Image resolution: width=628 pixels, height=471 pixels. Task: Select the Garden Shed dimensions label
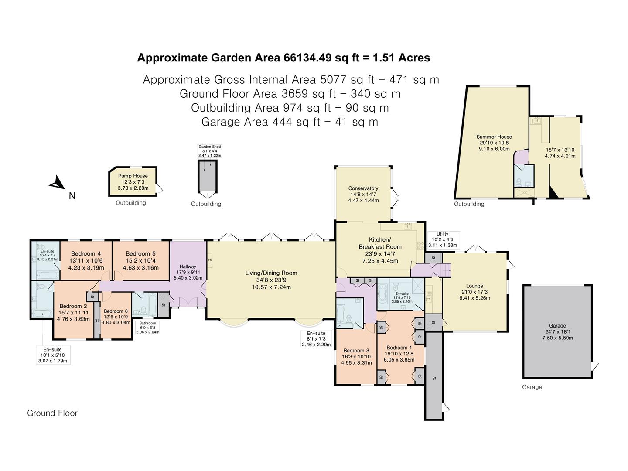pos(210,151)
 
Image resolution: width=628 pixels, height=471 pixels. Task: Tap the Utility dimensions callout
pos(442,239)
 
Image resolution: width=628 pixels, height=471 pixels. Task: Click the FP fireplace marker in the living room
pos(209,261)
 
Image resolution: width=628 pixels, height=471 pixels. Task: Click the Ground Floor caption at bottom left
pos(52,413)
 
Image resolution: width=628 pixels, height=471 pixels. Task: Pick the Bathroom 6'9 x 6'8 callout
pos(147,328)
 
